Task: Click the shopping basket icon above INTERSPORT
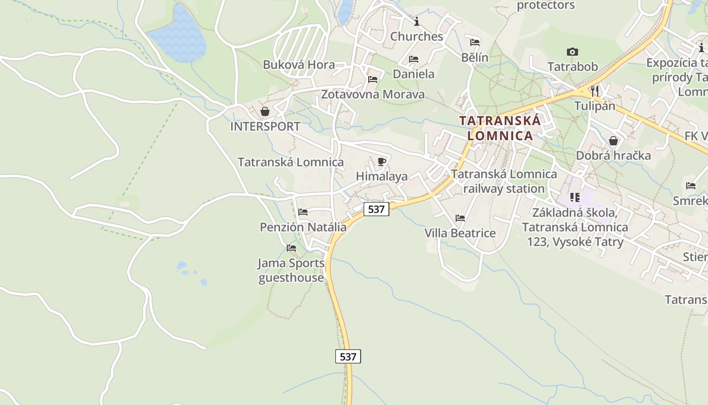264,111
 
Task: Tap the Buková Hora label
299,65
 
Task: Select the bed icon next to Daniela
414,59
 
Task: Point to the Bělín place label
475,57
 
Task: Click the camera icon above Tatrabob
572,52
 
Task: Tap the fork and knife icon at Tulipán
595,91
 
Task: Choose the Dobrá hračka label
613,155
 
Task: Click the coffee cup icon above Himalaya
382,161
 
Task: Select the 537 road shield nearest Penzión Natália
376,209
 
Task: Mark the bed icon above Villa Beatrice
460,218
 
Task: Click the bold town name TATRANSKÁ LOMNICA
500,128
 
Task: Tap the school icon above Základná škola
574,197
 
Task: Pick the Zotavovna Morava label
373,94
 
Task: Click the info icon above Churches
417,21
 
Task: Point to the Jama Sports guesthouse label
291,270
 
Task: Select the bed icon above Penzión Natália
303,212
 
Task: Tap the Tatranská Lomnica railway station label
504,181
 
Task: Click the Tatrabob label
572,66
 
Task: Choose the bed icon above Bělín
475,43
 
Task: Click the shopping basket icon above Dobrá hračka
613,141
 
